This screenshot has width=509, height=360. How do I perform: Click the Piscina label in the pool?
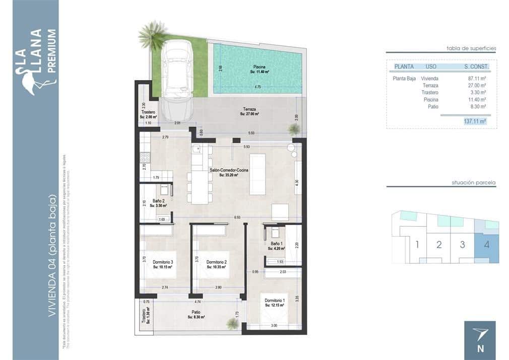(x=259, y=69)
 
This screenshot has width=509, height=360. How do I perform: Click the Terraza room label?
(x=249, y=111)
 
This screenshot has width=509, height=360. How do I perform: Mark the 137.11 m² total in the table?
(x=474, y=121)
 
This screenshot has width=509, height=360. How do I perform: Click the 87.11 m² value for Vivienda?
(x=476, y=79)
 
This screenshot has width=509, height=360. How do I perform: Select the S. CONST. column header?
(x=477, y=66)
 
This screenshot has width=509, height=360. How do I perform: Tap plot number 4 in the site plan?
(x=486, y=245)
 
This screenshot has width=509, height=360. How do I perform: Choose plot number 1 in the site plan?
(x=417, y=246)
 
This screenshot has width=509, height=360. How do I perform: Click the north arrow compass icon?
(x=479, y=334)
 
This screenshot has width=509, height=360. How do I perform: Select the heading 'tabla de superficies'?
(x=471, y=48)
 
